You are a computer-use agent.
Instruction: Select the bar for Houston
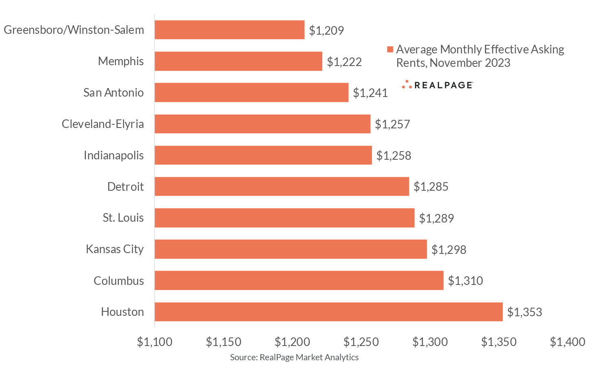328,312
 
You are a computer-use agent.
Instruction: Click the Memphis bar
238,61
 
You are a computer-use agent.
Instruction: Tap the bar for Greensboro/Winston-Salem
229,30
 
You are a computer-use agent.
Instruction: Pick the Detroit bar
282,186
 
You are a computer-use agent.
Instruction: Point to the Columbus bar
299,280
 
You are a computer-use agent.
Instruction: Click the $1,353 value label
524,312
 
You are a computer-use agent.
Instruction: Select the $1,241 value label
370,93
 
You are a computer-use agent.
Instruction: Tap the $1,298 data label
449,249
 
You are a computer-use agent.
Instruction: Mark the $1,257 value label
392,124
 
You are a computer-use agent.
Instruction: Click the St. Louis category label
123,218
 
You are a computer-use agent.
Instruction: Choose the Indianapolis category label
114,155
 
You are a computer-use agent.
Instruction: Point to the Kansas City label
115,249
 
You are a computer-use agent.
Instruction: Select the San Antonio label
114,93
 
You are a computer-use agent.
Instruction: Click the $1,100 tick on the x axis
155,342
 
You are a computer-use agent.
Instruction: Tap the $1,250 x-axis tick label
361,342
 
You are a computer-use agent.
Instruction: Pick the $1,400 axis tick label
568,342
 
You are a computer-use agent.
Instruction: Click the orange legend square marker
390,50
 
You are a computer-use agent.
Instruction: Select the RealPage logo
437,85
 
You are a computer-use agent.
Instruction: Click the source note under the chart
294,357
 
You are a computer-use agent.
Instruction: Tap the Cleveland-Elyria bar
262,124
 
